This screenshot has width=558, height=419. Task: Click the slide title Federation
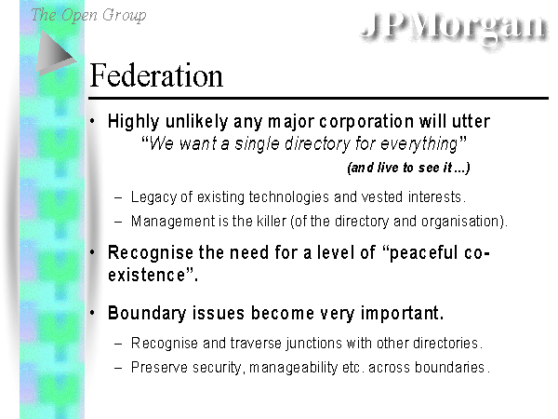tap(156, 75)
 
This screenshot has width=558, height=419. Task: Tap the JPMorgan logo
tap(455, 27)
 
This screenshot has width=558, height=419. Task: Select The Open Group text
tap(88, 15)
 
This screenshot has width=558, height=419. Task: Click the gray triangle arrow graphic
tap(56, 53)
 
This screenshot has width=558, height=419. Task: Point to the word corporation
tap(366, 122)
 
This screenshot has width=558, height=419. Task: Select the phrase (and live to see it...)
tap(408, 168)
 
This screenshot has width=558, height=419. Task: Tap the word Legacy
tap(153, 197)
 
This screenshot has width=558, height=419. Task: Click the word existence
tap(146, 275)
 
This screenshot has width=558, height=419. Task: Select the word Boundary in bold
tap(147, 314)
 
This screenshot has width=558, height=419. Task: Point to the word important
tap(402, 314)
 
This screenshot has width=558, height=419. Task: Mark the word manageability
tap(293, 368)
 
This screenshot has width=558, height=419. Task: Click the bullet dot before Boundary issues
tap(92, 313)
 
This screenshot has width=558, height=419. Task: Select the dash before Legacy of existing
tap(118, 198)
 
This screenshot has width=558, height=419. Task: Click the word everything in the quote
tap(418, 144)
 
